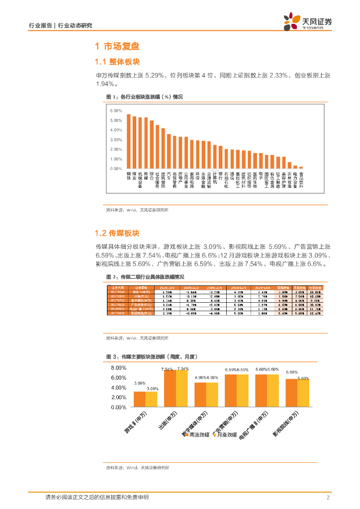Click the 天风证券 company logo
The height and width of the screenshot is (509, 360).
pos(307,21)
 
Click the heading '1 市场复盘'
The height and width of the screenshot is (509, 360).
pos(117,47)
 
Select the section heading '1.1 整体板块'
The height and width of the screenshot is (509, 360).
pos(117,62)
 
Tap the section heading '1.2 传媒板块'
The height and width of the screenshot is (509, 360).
pos(117,233)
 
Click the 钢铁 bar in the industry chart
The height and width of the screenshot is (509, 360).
pos(128,142)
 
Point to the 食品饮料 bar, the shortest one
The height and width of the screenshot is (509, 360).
pos(301,168)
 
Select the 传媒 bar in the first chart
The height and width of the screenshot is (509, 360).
pos(146,144)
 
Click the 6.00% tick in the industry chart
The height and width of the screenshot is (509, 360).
pos(116,111)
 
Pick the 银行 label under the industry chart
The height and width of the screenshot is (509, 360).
pos(220,176)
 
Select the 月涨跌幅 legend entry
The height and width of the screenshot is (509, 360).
pos(226,435)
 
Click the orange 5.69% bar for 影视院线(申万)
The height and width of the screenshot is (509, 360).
pos(291,393)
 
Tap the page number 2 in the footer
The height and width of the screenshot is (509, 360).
pos(328,498)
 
